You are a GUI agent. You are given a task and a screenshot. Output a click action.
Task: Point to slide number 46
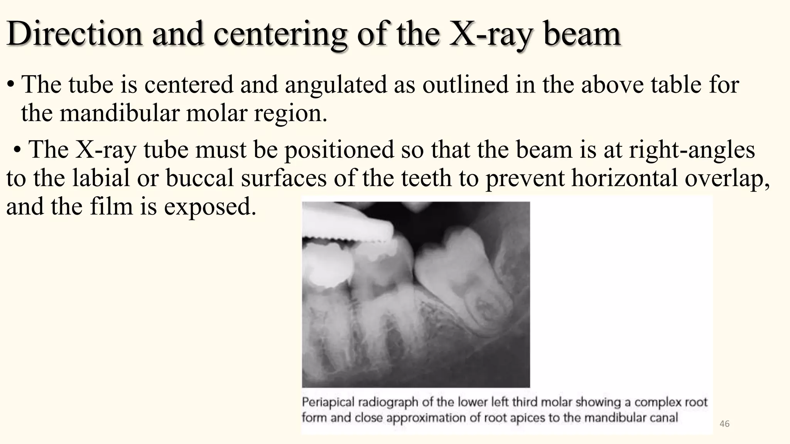(x=724, y=424)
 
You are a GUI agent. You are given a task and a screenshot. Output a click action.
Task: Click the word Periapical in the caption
(x=328, y=402)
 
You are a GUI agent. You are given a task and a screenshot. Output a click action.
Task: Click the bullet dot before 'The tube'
(x=12, y=85)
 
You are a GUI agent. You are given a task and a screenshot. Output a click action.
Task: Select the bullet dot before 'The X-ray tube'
(x=17, y=150)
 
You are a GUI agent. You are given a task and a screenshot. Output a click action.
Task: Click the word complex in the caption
(x=655, y=402)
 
